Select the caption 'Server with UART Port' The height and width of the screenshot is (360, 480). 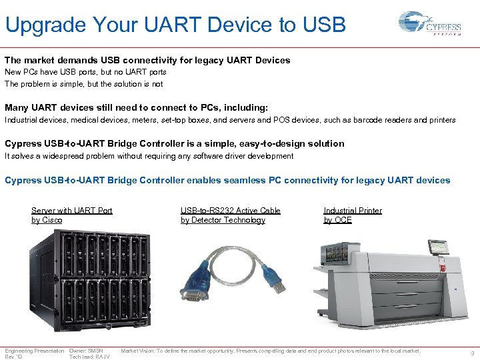tap(72, 211)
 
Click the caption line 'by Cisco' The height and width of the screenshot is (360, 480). tap(47, 220)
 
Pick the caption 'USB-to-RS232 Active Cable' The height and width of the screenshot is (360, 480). tap(230, 211)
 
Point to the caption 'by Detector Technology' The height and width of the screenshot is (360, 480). tap(223, 220)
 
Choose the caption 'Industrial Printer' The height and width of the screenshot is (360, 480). tap(353, 211)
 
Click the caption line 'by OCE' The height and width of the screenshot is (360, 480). tap(337, 220)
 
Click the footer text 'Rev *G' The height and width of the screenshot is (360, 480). tap(13, 357)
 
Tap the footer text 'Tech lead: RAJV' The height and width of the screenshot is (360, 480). tap(89, 357)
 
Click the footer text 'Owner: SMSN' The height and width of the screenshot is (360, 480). tap(86, 351)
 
